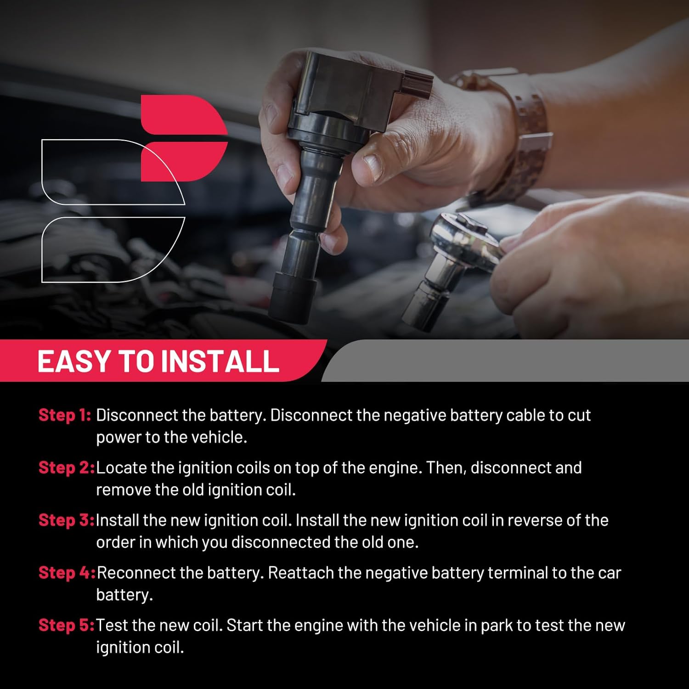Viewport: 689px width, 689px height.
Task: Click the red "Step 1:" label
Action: [x=65, y=415]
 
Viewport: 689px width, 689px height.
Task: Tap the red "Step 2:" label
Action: [x=67, y=467]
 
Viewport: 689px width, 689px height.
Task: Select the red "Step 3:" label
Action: [x=67, y=520]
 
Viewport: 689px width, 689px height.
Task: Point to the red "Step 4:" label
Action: [x=67, y=572]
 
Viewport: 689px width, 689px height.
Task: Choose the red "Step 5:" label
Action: [x=67, y=625]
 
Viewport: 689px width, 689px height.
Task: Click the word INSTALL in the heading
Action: [x=220, y=361]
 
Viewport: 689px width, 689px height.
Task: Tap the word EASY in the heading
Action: [x=74, y=361]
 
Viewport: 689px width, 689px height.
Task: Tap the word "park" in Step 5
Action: [x=498, y=626]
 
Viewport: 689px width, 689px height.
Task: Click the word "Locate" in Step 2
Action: [x=121, y=468]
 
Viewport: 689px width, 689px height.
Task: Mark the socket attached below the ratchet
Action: [x=427, y=294]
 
